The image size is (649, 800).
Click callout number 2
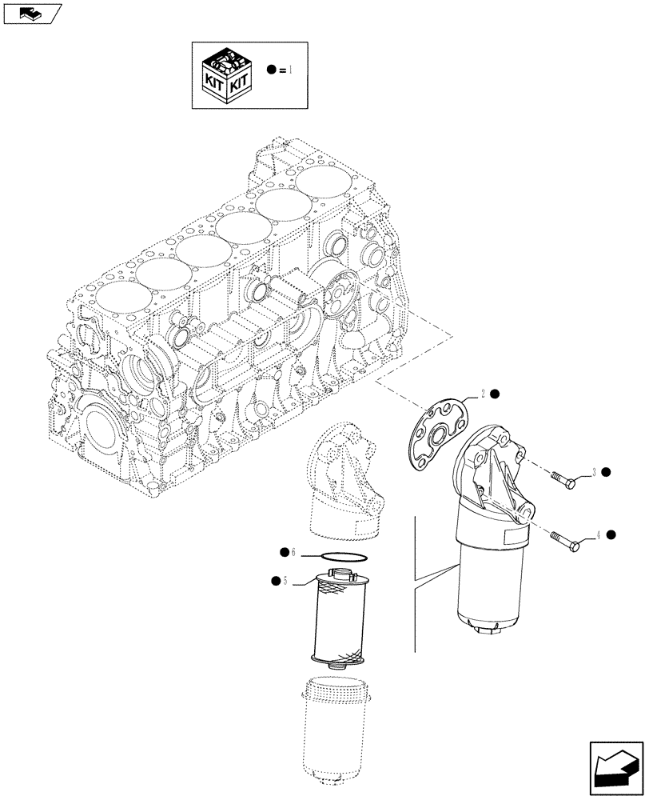pyautogui.click(x=484, y=394)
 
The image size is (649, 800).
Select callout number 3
pyautogui.click(x=594, y=471)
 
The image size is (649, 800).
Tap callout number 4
pyautogui.click(x=597, y=535)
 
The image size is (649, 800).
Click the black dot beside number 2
pyautogui.click(x=496, y=394)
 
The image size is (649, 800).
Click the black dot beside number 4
pyautogui.click(x=611, y=534)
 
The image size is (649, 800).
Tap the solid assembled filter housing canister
pyautogui.click(x=488, y=576)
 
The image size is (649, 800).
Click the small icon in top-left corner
pyautogui.click(x=31, y=13)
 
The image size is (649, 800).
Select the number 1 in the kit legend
pyautogui.click(x=292, y=70)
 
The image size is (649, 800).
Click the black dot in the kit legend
pyautogui.click(x=273, y=70)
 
